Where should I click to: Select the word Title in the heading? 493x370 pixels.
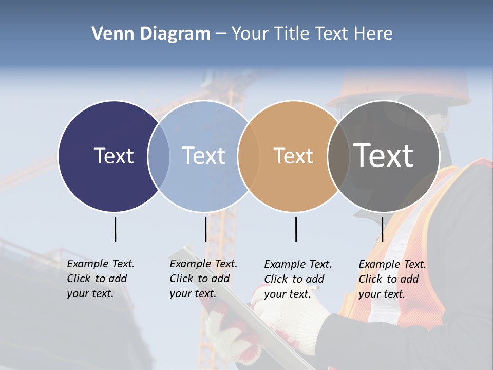293,33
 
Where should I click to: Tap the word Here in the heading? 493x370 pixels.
373,33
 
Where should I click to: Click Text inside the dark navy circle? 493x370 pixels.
113,156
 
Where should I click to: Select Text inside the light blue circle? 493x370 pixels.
204,156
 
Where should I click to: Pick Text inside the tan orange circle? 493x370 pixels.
293,156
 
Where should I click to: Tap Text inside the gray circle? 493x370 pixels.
384,156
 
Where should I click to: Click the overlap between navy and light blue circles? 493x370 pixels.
159,156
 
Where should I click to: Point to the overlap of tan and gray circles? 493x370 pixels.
339,156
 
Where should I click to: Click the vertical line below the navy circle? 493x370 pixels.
115,229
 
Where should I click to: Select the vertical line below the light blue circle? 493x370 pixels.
205,229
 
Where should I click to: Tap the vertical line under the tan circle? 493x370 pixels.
296,229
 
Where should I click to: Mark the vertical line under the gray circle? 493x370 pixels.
382,229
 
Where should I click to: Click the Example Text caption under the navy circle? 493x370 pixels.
100,279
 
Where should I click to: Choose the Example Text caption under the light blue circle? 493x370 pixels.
203,279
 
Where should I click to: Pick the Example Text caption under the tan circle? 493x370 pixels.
297,279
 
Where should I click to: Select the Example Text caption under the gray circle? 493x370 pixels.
392,279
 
